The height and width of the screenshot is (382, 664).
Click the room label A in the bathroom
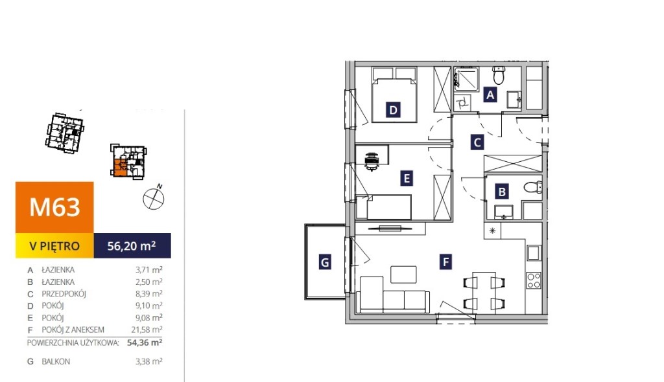[x=490, y=95]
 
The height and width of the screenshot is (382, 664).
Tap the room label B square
[x=502, y=192]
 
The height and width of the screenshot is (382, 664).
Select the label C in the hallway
[x=477, y=142]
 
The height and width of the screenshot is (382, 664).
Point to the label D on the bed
[x=393, y=110]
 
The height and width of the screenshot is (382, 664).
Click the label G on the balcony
[x=325, y=262]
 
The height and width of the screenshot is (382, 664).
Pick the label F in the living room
[x=445, y=262]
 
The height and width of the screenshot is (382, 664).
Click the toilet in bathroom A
[x=499, y=76]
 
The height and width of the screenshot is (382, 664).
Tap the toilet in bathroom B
[x=533, y=187]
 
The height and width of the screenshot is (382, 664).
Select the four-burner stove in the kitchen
[x=534, y=280]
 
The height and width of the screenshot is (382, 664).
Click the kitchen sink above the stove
[x=534, y=253]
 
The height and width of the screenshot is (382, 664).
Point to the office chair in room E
[x=372, y=161]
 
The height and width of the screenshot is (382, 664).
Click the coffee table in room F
[x=403, y=274]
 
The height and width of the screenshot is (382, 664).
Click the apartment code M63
[x=54, y=207]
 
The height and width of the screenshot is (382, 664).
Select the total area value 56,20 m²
[x=131, y=245]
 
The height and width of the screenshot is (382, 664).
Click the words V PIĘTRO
[x=54, y=246]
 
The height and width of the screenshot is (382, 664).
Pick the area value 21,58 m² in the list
[x=147, y=330]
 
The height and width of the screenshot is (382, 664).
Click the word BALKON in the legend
[x=56, y=362]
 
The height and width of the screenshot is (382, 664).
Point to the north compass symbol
[x=154, y=197]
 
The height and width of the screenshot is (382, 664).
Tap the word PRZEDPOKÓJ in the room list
[x=64, y=293]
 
